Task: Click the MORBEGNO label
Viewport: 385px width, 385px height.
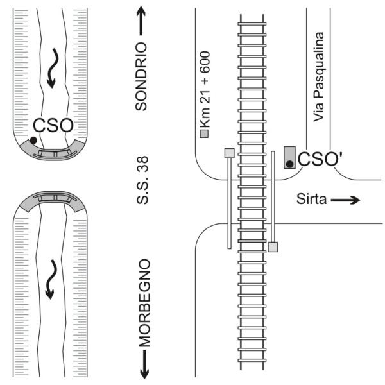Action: tap(142, 302)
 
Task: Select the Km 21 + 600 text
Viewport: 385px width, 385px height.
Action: tap(206, 90)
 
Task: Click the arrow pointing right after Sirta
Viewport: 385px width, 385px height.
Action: tap(345, 200)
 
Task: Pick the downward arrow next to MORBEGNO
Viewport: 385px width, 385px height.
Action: tap(142, 363)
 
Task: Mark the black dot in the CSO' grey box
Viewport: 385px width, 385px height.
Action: tap(289, 164)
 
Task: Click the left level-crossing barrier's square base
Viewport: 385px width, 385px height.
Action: tap(228, 153)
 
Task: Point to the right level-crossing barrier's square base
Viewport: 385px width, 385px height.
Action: tap(273, 246)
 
